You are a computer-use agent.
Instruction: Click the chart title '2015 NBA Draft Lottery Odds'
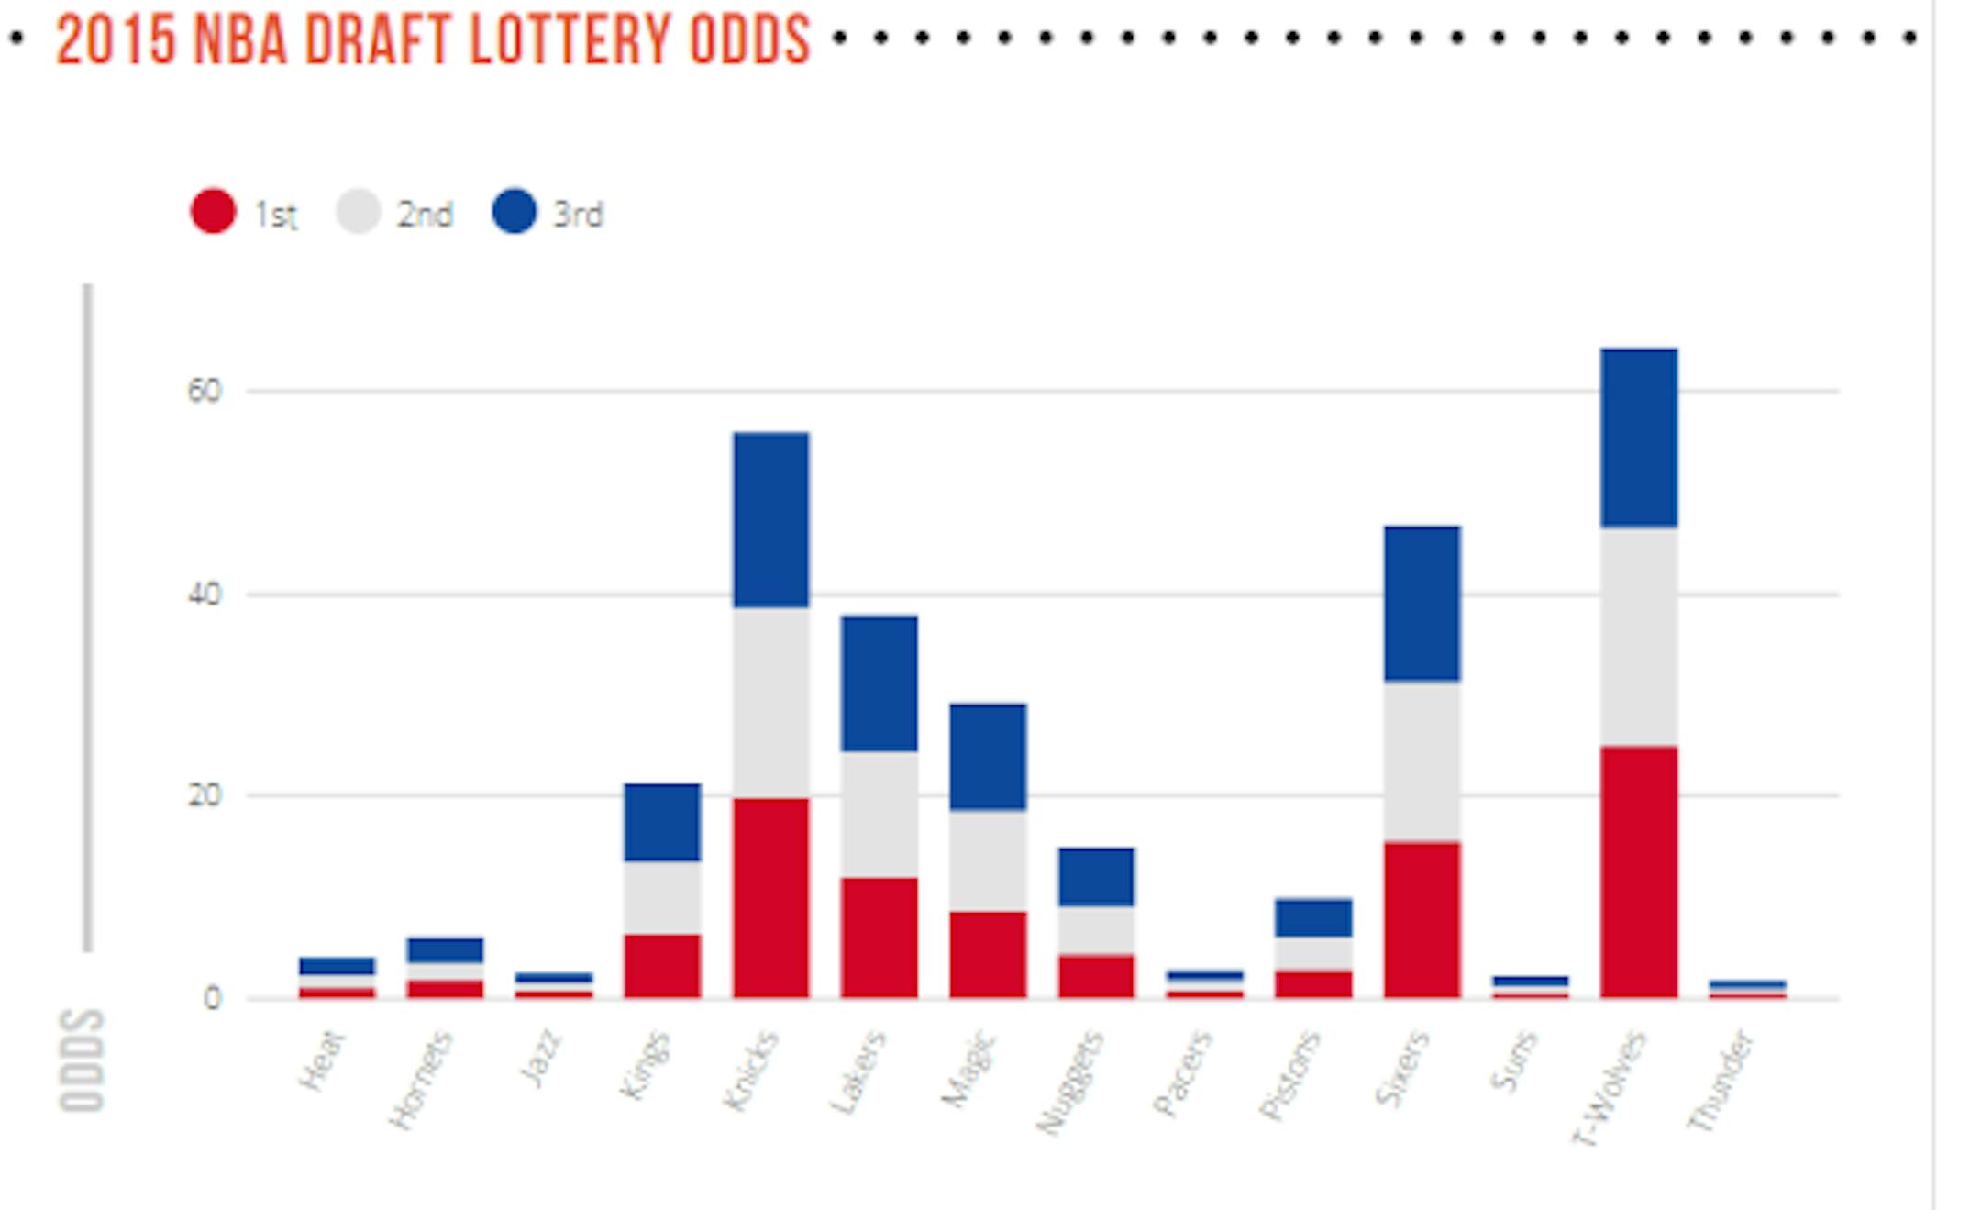coord(433,40)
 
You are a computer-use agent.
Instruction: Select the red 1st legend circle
coord(213,211)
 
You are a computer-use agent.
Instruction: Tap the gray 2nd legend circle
coord(358,211)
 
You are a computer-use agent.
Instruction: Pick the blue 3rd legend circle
coord(514,211)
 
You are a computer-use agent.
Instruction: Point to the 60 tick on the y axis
coord(205,391)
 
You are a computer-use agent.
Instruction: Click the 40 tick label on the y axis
coord(205,594)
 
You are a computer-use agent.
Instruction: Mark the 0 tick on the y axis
coord(212,998)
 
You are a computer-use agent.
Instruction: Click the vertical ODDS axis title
coord(83,1060)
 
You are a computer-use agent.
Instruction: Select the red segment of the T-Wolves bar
coord(1639,871)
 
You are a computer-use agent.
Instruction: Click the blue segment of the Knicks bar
coord(771,519)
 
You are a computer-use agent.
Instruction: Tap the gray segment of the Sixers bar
coord(1422,761)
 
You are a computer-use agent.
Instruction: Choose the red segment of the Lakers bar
coord(880,938)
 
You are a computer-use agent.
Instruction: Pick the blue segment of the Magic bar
coord(988,757)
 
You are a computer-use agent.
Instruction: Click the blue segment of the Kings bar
coord(662,822)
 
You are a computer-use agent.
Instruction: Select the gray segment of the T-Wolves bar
coord(1639,637)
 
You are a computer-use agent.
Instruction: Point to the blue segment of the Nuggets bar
coord(1096,877)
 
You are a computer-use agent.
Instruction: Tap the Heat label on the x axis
coord(323,1060)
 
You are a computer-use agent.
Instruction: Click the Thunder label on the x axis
coord(1721,1081)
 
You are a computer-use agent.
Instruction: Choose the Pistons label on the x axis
coord(1289,1075)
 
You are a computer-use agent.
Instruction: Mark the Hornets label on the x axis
coord(421,1080)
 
